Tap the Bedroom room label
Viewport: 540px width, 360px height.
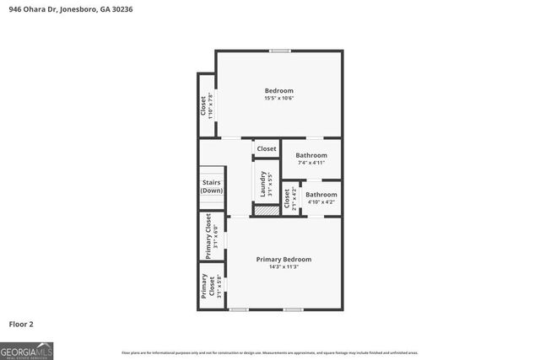[x=278, y=90]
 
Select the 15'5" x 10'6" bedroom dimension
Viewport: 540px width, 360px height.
[x=278, y=99]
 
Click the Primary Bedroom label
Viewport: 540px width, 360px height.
[x=284, y=259]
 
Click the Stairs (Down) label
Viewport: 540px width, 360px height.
[x=212, y=186]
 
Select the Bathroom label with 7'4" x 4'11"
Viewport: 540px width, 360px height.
[x=310, y=155]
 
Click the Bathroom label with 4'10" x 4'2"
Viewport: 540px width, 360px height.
[x=321, y=195]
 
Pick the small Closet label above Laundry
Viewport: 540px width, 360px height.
[x=267, y=149]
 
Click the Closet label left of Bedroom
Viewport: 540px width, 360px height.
[x=203, y=105]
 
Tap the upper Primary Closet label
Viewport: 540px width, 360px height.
[x=208, y=236]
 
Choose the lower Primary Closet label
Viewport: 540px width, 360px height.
[x=205, y=287]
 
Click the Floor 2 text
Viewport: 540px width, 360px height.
[x=21, y=324]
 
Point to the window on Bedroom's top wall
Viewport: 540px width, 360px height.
[x=280, y=51]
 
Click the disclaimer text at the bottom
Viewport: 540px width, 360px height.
[x=269, y=352]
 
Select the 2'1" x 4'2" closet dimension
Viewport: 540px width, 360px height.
[x=293, y=198]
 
